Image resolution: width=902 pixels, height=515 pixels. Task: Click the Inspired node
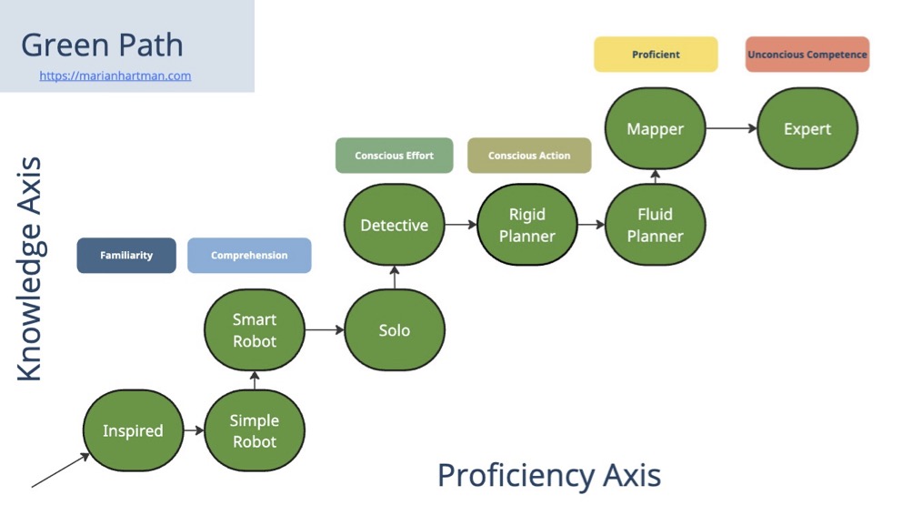(133, 431)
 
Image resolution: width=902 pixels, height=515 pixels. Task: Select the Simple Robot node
(255, 431)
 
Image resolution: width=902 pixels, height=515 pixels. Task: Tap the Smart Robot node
(255, 330)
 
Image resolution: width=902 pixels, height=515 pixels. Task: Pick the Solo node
(395, 330)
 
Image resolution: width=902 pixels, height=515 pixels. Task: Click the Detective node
(395, 226)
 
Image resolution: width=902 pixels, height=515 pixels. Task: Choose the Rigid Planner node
(527, 226)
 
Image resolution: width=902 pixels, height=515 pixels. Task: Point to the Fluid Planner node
(656, 226)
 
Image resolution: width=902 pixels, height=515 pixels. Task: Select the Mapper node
(656, 129)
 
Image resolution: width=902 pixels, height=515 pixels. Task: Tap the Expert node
(807, 129)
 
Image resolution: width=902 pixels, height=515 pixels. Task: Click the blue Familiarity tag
(126, 256)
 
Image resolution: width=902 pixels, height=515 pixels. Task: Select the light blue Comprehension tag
(249, 256)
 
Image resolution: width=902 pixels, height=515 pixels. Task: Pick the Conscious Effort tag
(395, 156)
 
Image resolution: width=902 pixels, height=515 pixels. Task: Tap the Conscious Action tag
(529, 156)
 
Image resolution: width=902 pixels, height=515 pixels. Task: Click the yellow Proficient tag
(656, 55)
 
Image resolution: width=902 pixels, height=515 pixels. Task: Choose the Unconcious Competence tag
(807, 55)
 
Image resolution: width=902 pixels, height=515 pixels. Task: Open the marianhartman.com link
(115, 76)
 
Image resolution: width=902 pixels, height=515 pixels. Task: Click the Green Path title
(102, 45)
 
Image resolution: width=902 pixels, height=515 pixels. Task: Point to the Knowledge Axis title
(30, 269)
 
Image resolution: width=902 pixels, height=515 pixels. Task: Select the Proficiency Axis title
(549, 475)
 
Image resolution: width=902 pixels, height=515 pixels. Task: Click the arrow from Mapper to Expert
(732, 129)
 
